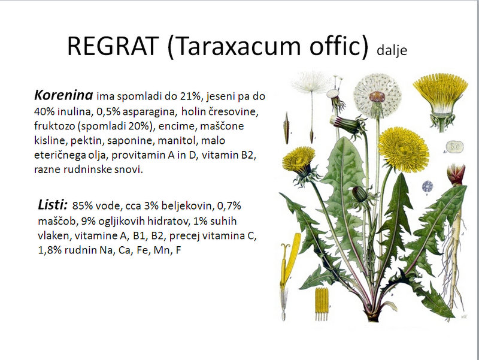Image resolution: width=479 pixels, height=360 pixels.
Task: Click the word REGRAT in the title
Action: pyautogui.click(x=113, y=46)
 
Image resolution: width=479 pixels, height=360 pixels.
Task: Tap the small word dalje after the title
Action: pyautogui.click(x=392, y=50)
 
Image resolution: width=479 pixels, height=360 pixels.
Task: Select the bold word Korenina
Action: pyautogui.click(x=63, y=95)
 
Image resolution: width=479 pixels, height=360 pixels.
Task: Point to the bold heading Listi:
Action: pyautogui.click(x=53, y=205)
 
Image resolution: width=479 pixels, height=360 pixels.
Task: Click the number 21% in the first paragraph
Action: pyautogui.click(x=190, y=96)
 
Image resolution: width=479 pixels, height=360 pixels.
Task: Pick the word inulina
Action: pyautogui.click(x=75, y=111)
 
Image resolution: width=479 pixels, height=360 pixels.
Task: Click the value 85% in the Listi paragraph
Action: pyautogui.click(x=83, y=205)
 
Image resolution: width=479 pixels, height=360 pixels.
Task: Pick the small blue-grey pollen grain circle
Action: pyautogui.click(x=428, y=186)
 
